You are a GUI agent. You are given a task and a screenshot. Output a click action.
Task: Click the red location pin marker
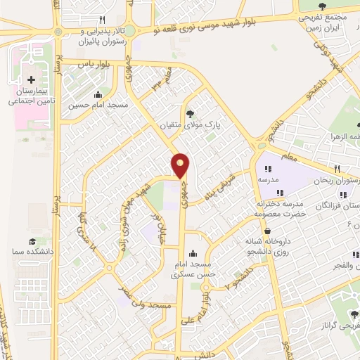[x=181, y=165]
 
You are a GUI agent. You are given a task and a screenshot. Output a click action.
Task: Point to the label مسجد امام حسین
[x=98, y=106]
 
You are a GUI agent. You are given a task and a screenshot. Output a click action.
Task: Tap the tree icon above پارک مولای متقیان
[x=190, y=112]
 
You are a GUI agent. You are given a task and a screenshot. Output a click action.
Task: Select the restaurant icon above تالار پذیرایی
[x=103, y=20]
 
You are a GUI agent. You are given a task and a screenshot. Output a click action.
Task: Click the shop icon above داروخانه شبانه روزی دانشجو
[x=267, y=231]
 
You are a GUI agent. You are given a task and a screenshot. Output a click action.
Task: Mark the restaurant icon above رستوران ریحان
[x=338, y=169]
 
